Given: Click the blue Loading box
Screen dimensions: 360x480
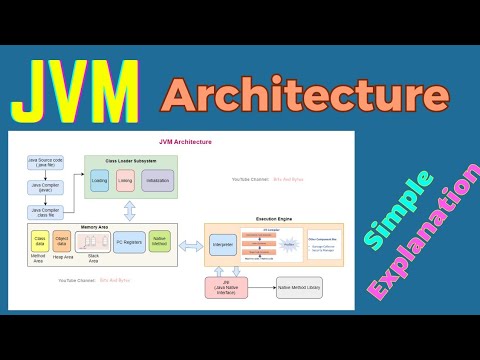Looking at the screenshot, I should tap(99, 182).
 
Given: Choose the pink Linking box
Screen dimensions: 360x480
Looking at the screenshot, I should tap(126, 182).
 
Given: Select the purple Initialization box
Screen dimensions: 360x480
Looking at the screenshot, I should tap(157, 182).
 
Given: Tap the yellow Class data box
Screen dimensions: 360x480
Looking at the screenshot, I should tap(40, 240).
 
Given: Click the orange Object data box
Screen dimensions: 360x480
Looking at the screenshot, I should tap(63, 240).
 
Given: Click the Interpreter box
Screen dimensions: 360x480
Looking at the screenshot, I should tap(222, 243).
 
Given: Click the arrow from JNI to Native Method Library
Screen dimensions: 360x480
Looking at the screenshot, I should tap(264, 290).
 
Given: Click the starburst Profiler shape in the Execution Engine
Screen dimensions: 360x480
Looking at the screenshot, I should tap(289, 243).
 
